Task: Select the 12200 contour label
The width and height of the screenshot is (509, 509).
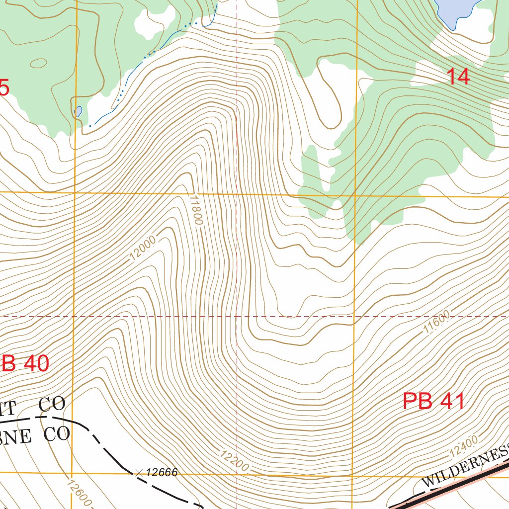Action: click(233, 460)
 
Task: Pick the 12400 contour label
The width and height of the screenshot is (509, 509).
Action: click(463, 446)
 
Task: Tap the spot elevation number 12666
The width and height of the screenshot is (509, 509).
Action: click(162, 472)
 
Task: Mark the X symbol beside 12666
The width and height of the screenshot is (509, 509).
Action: click(139, 472)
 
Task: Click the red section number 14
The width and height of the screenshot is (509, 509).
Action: click(458, 77)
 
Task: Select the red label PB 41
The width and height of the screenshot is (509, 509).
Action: click(433, 402)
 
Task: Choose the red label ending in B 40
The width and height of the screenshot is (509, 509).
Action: click(25, 364)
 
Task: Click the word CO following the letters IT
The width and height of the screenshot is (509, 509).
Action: click(52, 405)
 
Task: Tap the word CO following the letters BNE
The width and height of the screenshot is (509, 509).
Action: click(56, 435)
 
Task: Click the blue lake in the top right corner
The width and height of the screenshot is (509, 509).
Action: click(455, 10)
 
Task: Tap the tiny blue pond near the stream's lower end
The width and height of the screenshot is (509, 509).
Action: click(78, 111)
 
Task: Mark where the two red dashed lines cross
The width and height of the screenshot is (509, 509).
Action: click(237, 316)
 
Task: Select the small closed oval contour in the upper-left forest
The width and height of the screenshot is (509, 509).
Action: click(38, 63)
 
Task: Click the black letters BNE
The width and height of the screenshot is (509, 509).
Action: click(16, 436)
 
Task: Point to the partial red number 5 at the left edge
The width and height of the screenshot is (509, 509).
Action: click(4, 88)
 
